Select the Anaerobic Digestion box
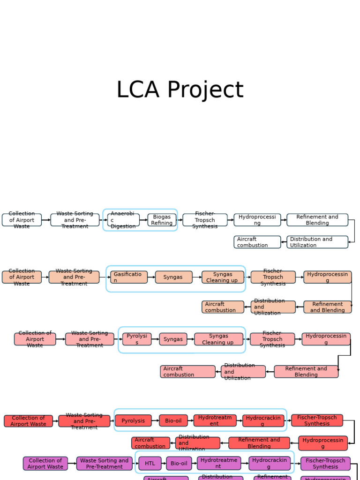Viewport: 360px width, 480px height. [x=123, y=220]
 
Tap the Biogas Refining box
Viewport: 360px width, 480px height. [x=162, y=220]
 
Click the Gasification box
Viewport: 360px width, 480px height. [x=129, y=277]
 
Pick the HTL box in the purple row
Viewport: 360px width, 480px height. [x=150, y=464]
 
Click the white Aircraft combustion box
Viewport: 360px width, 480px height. [x=257, y=242]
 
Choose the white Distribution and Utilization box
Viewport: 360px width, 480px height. [x=317, y=242]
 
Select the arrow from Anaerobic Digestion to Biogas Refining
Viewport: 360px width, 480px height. [x=143, y=220]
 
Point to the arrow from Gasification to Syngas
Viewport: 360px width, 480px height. [x=151, y=277]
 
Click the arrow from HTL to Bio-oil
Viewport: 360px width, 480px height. [x=164, y=464]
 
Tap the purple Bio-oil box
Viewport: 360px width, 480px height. [x=179, y=464]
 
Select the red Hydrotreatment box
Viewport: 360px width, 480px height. [x=215, y=420]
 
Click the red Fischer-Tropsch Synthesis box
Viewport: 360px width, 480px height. [x=317, y=420]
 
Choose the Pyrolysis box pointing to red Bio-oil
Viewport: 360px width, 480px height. [x=133, y=420]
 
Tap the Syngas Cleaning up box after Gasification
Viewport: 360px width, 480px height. [x=223, y=277]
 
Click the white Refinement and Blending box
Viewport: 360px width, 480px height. [x=317, y=220]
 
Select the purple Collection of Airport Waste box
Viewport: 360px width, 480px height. [x=45, y=464]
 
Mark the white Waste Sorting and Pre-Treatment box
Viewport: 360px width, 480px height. [x=75, y=220]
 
